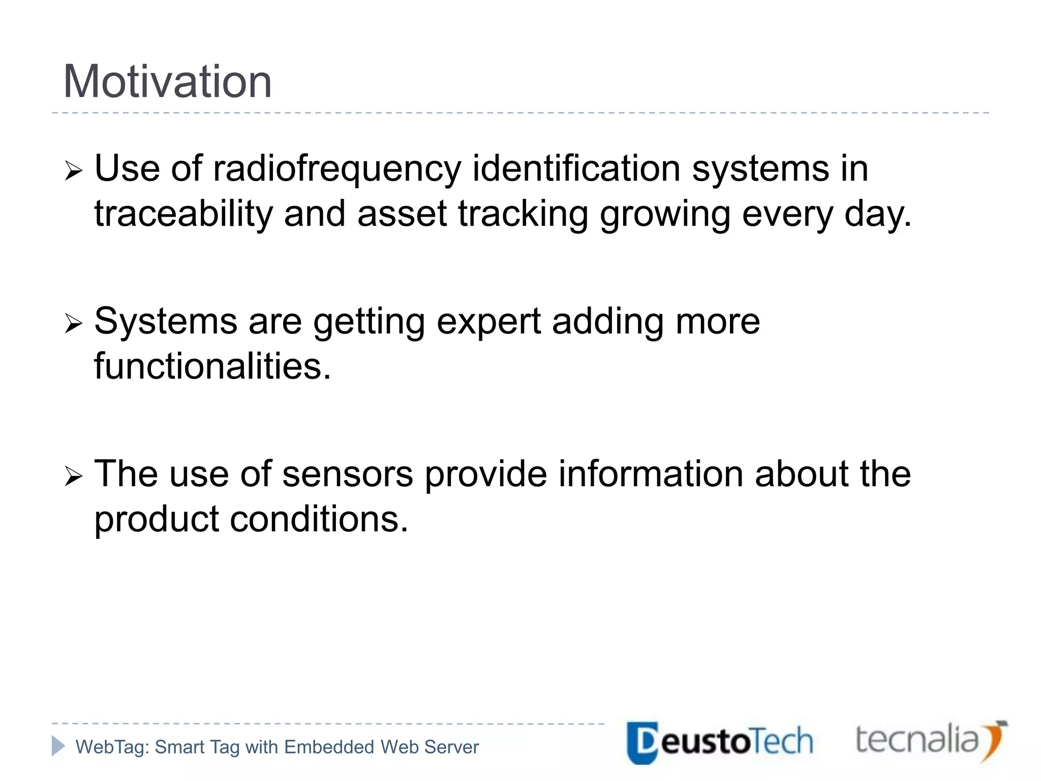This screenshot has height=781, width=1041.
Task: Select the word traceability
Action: point(183,214)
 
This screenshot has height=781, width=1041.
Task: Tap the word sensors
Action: point(348,474)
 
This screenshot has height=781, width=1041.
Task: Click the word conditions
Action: point(319,519)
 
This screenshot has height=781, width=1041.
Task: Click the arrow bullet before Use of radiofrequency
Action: point(74,172)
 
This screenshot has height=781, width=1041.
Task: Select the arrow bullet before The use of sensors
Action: point(74,477)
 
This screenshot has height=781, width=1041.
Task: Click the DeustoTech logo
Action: point(719,742)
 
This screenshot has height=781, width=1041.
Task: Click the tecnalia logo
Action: point(930,740)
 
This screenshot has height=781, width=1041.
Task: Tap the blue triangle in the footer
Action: point(58,746)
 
